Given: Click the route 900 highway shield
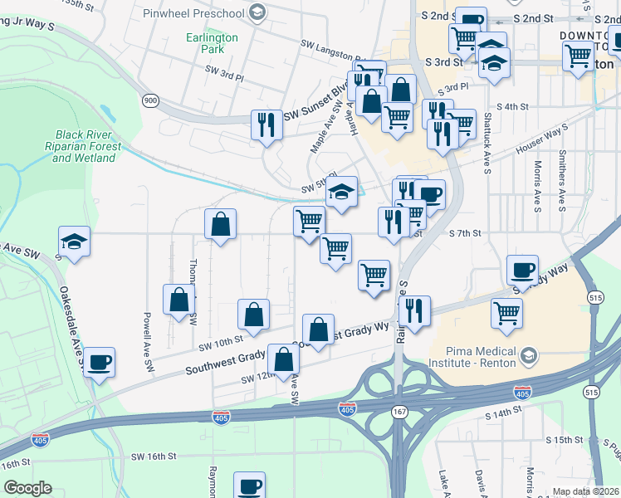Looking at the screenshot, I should pyautogui.click(x=150, y=100).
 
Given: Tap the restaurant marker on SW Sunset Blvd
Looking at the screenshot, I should pyautogui.click(x=266, y=124).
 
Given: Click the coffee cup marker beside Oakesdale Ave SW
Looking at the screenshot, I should pyautogui.click(x=100, y=362).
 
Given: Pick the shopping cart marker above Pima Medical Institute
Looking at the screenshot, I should pyautogui.click(x=506, y=313).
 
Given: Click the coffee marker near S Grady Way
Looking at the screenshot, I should pyautogui.click(x=522, y=270).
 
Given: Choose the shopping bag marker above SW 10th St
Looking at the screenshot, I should pyautogui.click(x=253, y=314).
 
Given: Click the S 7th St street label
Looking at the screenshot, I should pyautogui.click(x=464, y=233).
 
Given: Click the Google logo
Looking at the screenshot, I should pyautogui.click(x=28, y=488).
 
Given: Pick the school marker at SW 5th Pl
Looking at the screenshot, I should pyautogui.click(x=341, y=191).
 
